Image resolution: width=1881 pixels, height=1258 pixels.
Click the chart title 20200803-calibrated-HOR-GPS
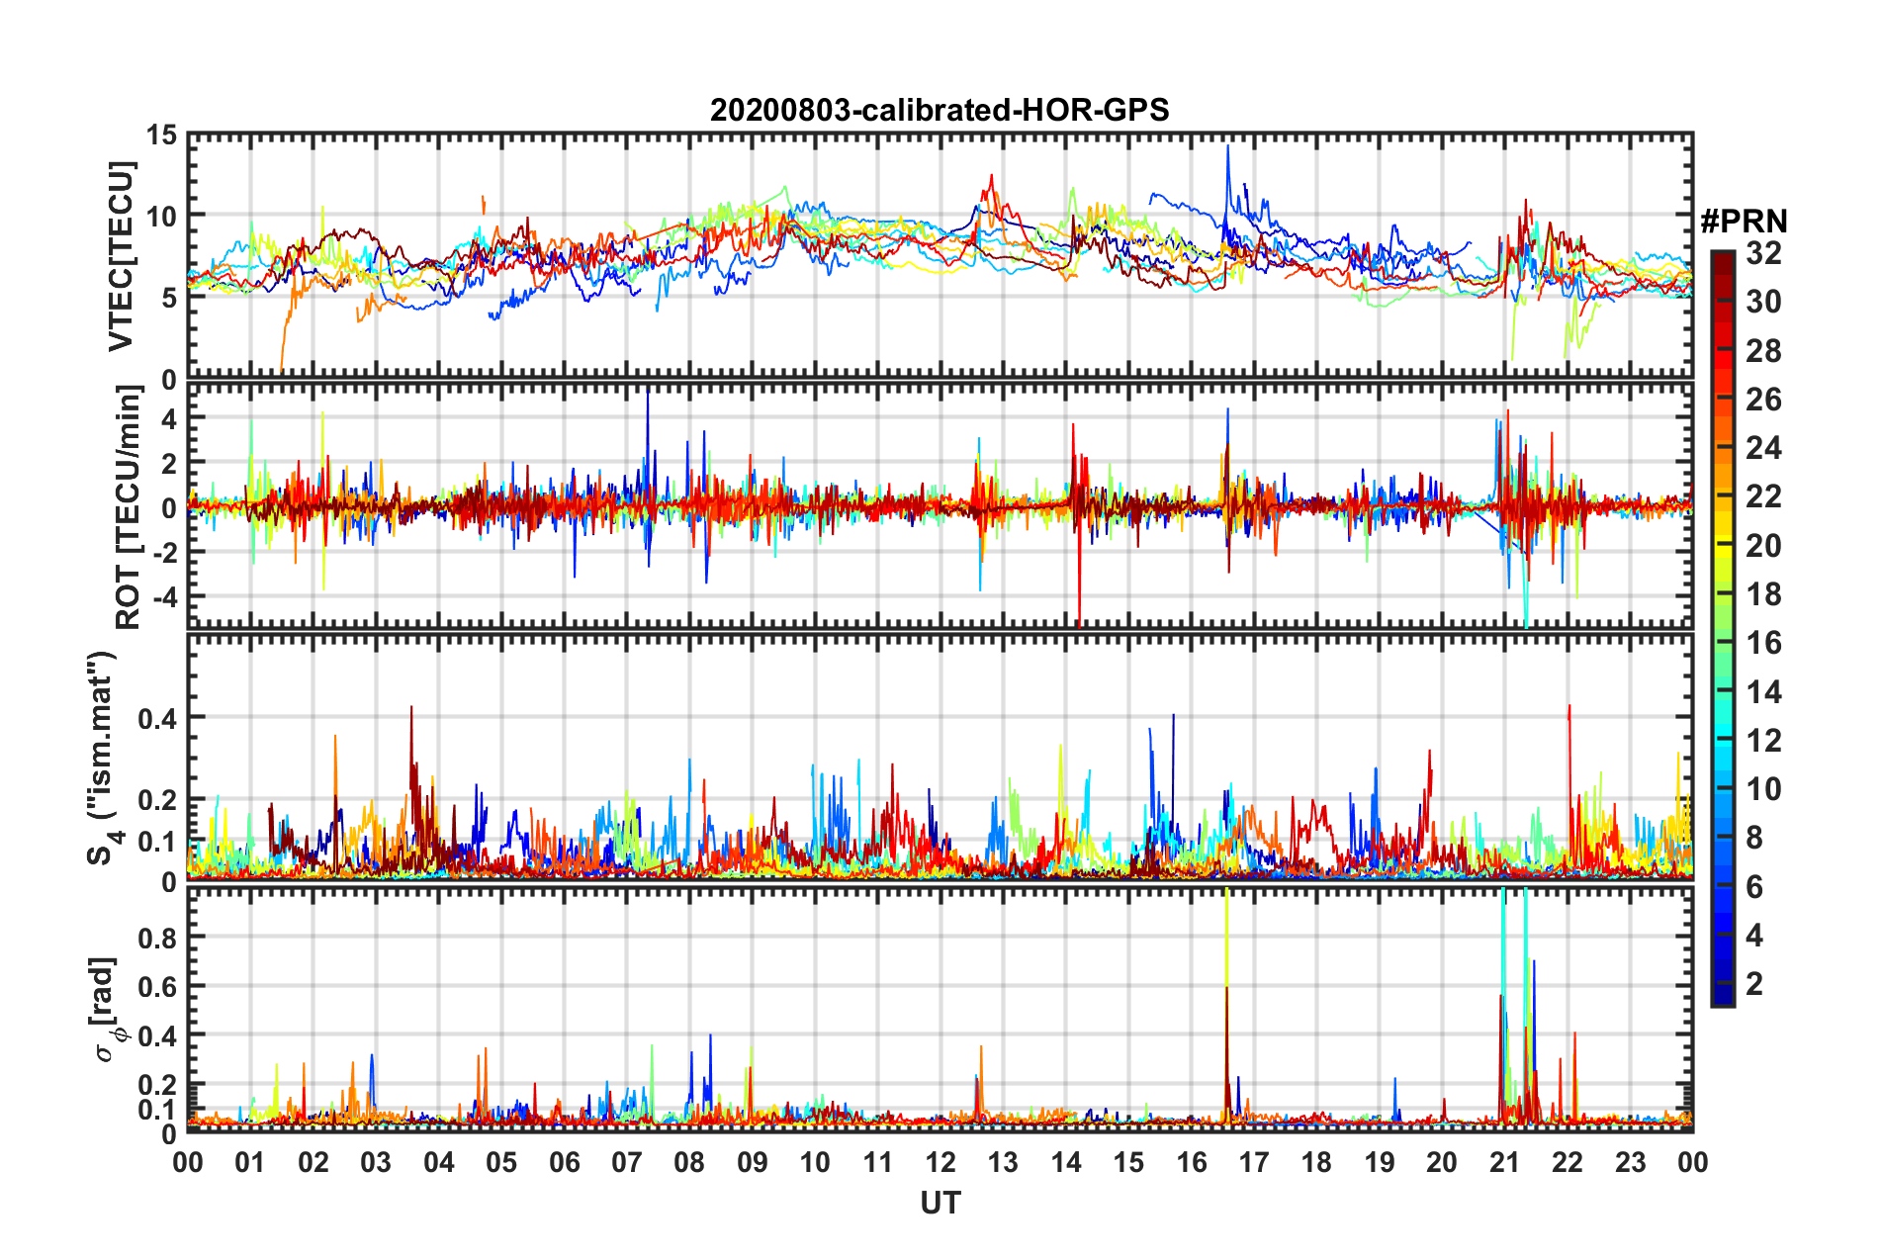(940, 110)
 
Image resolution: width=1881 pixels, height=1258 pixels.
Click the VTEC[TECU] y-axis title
(122, 256)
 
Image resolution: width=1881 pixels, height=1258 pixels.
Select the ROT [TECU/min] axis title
(129, 507)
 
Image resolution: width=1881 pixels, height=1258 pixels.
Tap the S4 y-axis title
(103, 758)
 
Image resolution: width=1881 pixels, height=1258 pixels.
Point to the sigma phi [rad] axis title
(105, 1009)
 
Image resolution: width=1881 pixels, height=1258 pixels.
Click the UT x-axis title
(940, 1203)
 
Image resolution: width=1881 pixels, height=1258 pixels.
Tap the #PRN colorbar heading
(1744, 222)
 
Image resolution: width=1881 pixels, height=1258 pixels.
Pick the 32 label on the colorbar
(1763, 253)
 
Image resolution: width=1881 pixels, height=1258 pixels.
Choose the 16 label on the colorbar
(1763, 643)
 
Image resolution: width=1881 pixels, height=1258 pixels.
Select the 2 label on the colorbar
(1754, 983)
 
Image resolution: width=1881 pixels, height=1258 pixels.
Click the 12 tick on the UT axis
(940, 1162)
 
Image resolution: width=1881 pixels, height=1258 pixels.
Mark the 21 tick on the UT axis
(1504, 1162)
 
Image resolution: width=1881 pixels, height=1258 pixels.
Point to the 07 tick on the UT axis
(627, 1162)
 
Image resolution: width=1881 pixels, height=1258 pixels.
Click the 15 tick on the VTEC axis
(161, 135)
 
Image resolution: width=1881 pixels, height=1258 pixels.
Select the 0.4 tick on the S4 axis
(156, 718)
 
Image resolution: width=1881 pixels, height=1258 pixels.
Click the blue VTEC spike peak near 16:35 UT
(1227, 146)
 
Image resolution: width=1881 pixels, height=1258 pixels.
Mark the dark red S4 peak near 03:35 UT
(411, 708)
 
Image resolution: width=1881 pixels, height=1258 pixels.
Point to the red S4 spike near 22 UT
(1569, 706)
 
